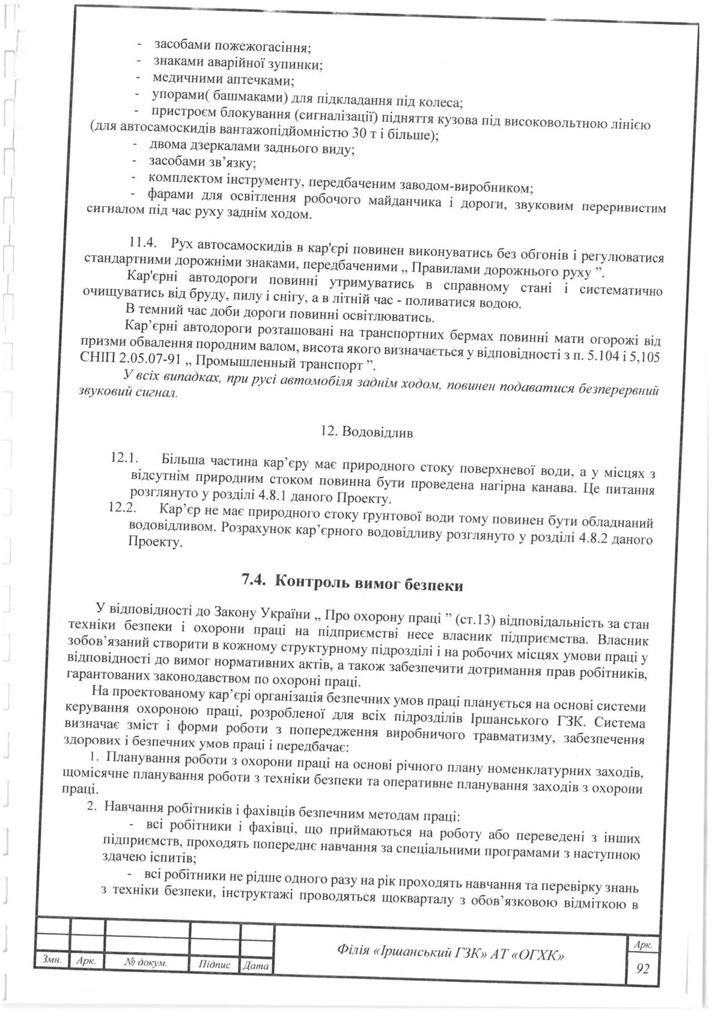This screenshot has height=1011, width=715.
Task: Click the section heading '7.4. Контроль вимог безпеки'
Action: click(352, 581)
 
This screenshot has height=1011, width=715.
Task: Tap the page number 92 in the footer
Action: click(642, 970)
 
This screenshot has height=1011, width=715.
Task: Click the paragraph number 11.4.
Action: click(143, 243)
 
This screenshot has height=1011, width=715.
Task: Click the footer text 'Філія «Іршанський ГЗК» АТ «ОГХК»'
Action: click(451, 953)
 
